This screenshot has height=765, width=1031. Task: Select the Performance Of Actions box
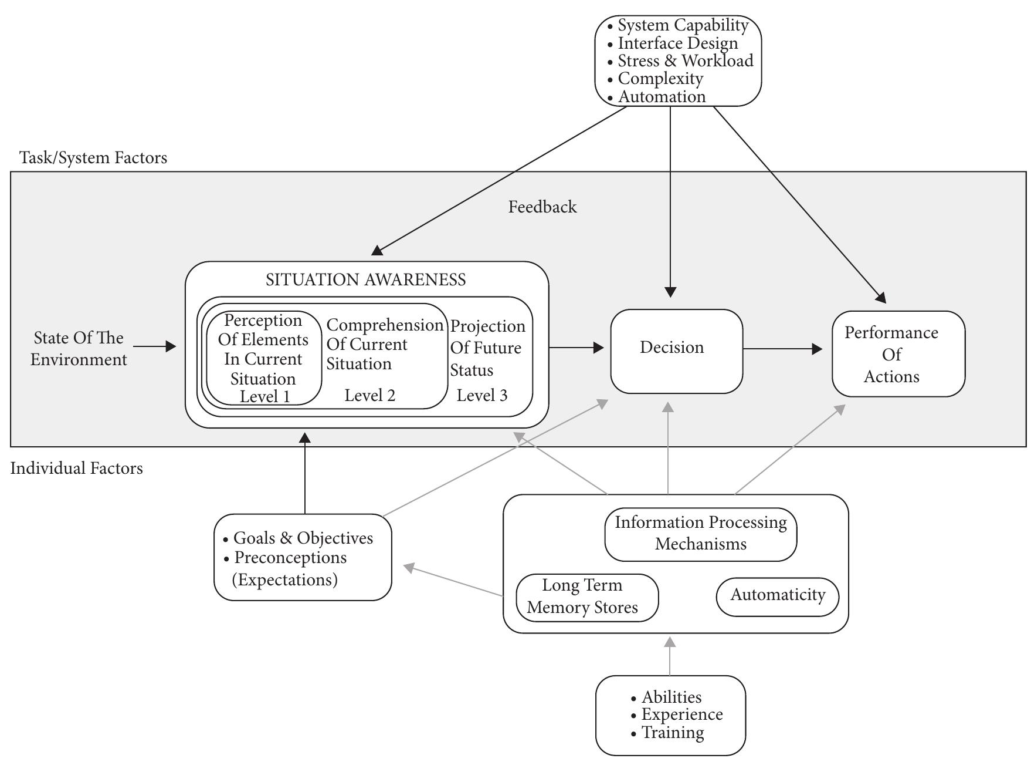(x=898, y=354)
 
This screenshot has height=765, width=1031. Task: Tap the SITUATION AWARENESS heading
(x=365, y=279)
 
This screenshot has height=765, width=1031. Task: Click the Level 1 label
(x=264, y=396)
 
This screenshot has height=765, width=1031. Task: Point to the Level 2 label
(x=369, y=395)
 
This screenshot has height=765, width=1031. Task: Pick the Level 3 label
(x=481, y=395)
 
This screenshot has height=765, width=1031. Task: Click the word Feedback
(x=542, y=207)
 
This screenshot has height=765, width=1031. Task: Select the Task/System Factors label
(x=93, y=157)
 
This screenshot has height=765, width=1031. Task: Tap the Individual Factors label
(x=76, y=468)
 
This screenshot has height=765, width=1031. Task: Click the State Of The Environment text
(x=79, y=348)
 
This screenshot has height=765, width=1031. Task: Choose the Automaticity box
(x=777, y=595)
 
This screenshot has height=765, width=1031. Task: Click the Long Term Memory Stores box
(x=586, y=597)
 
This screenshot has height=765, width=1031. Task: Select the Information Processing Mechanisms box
(x=700, y=533)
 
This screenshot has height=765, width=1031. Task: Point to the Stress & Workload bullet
(x=684, y=60)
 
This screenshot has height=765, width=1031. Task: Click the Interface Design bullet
(x=677, y=43)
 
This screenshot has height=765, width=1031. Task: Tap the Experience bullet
(x=681, y=715)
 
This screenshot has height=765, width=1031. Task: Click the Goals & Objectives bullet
(x=302, y=538)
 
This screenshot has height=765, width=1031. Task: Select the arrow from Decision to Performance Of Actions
(x=782, y=349)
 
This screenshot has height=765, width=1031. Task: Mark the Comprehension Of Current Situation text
(x=384, y=344)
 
